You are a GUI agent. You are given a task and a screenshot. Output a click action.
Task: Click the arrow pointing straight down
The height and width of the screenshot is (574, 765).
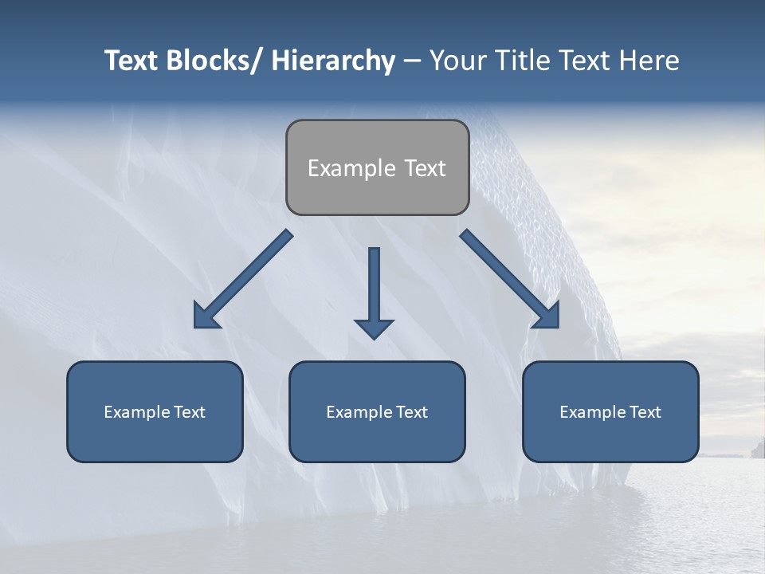374,287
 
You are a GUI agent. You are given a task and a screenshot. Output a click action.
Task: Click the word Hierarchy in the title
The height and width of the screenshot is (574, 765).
333,61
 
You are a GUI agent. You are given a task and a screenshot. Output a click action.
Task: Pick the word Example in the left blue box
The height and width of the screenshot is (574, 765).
137,412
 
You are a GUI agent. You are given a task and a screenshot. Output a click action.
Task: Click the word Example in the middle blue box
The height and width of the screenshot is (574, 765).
359,412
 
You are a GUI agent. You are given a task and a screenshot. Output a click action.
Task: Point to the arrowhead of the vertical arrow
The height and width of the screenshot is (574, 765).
374,328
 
